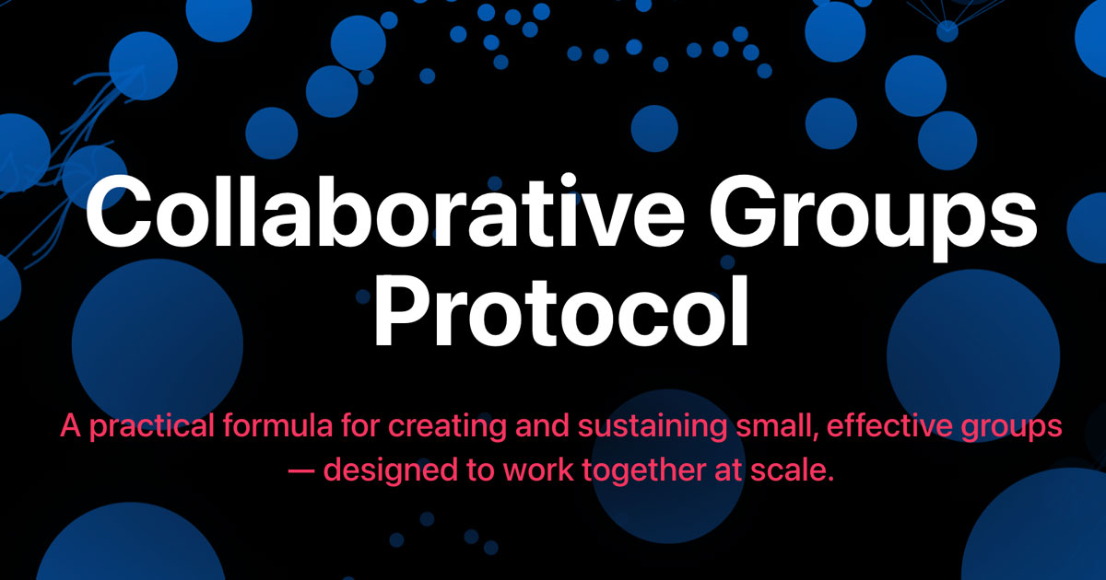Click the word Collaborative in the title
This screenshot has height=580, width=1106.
coord(385,210)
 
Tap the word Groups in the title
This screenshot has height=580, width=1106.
coord(873,217)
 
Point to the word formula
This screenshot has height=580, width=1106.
coord(278,425)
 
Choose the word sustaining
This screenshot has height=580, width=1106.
coord(653,427)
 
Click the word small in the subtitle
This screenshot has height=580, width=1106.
coord(777,426)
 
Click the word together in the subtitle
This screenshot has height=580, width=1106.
coord(644,470)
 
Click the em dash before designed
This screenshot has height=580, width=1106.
coord(301,471)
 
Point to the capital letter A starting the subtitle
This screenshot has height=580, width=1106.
coord(71,426)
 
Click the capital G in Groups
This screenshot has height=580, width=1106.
coord(741,211)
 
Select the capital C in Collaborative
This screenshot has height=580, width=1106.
coord(117,210)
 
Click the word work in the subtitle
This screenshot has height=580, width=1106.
coord(538,470)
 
